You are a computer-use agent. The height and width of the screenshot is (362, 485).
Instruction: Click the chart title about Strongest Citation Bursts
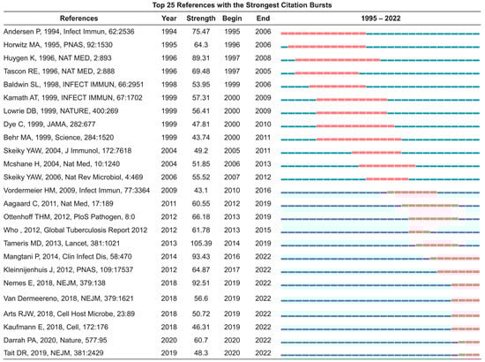[x=242, y=5]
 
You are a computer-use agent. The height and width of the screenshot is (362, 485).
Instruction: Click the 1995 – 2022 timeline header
[x=380, y=17]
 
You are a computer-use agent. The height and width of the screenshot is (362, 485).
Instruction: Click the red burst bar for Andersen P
[x=322, y=31]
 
